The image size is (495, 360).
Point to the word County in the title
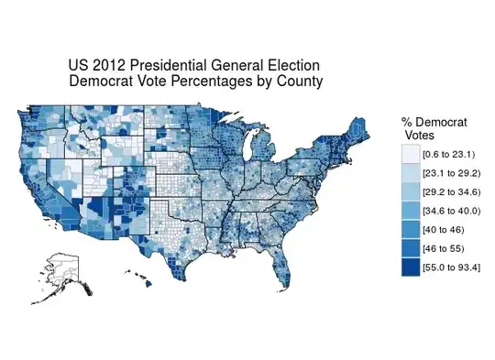point(301,82)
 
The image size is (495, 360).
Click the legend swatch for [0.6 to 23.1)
point(410,155)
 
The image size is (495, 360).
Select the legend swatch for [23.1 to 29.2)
point(410,174)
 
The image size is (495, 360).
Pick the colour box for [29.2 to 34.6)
point(410,192)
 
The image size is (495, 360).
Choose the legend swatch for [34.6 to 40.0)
point(410,212)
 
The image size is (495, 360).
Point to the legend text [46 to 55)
point(443,249)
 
